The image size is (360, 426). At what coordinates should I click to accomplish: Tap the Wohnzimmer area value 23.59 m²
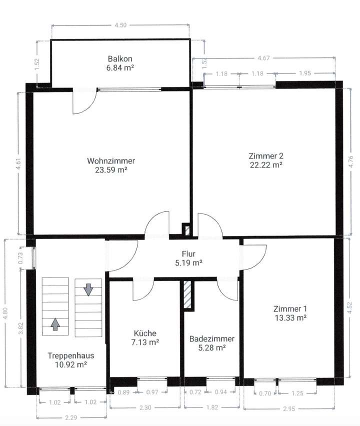110,169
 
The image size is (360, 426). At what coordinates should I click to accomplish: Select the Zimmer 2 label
266,154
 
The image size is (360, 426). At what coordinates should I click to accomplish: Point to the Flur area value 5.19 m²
187,262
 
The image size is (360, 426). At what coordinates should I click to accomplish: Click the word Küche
145,333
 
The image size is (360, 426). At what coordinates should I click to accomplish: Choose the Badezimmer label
212,338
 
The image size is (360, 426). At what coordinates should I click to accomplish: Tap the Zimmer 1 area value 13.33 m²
289,317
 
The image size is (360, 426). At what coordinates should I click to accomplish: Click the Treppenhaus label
71,356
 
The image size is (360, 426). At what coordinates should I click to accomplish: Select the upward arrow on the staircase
55,324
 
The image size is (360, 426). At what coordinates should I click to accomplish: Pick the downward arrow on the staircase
88,289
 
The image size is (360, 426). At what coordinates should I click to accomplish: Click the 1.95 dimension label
304,74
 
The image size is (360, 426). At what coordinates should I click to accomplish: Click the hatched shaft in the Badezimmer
187,294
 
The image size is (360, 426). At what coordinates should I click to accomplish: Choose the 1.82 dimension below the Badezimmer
212,408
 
